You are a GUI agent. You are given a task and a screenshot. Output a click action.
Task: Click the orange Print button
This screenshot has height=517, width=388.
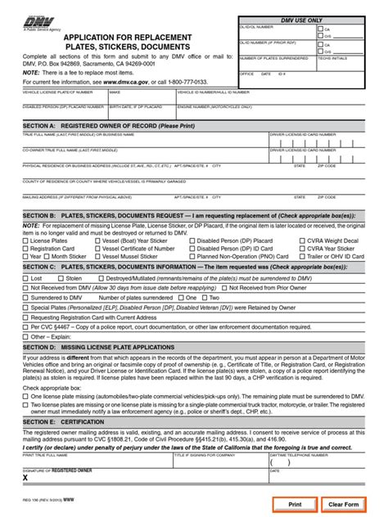[295, 505]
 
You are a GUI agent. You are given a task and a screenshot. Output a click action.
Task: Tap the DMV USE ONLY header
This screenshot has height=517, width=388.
[303, 20]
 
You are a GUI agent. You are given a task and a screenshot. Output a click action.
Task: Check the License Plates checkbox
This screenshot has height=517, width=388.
[25, 241]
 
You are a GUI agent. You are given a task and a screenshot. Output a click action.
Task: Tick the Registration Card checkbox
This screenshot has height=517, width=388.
[25, 249]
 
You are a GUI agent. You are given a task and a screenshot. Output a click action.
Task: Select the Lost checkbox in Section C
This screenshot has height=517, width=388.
[25, 279]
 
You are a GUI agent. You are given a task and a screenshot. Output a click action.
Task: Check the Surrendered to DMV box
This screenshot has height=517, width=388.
[25, 298]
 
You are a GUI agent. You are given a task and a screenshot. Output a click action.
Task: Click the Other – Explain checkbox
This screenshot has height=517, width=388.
[25, 335]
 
